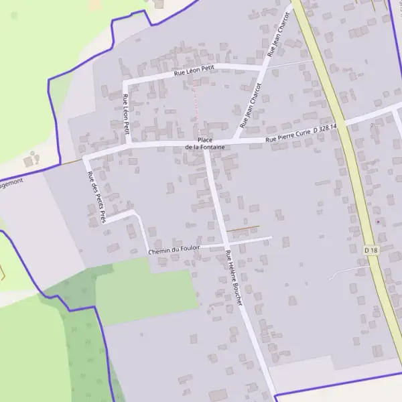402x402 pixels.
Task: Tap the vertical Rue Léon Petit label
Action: pyautogui.click(x=125, y=115)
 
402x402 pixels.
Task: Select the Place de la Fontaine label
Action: pyautogui.click(x=201, y=143)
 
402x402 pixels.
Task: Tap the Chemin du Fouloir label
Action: pyautogui.click(x=175, y=250)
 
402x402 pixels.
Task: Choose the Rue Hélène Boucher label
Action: pyautogui.click(x=234, y=277)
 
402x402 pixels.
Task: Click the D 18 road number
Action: pyautogui.click(x=371, y=250)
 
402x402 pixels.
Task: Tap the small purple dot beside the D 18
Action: pyautogui.click(x=377, y=221)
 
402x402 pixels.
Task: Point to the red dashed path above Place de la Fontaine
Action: pyautogui.click(x=196, y=100)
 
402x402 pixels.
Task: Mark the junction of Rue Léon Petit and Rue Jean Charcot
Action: pyautogui.click(x=262, y=68)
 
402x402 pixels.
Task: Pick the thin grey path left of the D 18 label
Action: pyautogui.click(x=348, y=270)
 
